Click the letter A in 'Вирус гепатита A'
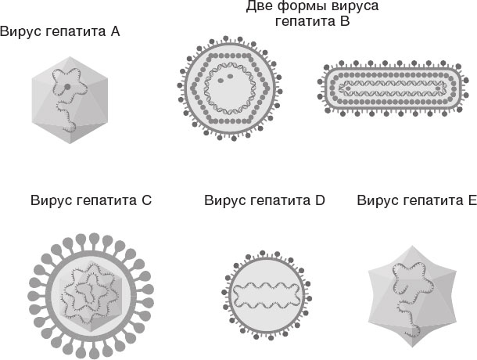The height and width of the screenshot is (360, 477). tap(115, 32)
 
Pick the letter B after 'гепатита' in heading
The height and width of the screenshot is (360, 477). tap(344, 22)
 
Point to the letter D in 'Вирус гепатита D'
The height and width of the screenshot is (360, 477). tap(319, 200)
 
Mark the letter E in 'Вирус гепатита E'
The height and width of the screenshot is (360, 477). tap(472, 200)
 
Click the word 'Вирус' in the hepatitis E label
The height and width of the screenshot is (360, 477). tap(378, 200)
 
